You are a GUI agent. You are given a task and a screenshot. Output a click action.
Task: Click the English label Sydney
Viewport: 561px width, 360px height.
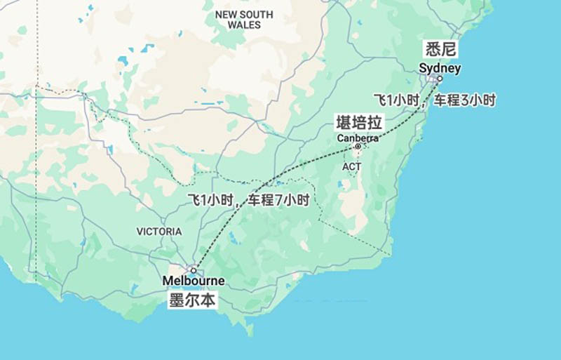440,68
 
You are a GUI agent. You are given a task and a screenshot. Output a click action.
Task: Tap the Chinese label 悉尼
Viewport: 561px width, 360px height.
440,49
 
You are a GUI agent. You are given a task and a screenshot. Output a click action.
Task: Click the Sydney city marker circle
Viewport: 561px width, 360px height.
440,79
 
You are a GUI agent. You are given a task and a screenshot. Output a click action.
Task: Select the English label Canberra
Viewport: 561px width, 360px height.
358,138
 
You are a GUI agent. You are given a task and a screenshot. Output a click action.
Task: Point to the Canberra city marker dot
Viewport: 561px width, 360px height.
358,147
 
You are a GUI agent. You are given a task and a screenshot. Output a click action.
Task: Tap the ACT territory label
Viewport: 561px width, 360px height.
352,166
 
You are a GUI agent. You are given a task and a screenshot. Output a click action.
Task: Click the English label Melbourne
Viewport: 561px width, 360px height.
194,281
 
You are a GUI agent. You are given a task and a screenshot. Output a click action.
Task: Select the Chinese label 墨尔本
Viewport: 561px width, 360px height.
193,300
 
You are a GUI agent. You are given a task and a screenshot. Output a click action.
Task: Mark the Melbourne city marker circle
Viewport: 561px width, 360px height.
194,270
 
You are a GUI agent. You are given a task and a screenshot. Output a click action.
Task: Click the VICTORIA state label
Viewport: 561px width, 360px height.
159,232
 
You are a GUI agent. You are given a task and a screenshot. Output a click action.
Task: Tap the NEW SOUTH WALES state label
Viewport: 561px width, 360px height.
244,20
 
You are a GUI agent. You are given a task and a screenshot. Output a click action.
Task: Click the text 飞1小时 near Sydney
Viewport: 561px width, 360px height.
396,100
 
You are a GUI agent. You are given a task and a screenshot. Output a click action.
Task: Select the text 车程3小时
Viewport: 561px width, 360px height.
464,100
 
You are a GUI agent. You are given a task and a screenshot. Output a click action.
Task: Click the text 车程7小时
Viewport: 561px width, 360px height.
278,200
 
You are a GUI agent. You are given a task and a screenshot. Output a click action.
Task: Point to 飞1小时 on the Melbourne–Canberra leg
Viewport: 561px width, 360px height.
212,200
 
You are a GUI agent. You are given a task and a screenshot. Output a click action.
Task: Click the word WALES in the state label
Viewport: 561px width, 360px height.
244,25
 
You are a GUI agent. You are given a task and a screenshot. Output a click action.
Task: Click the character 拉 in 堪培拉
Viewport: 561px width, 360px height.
376,123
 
